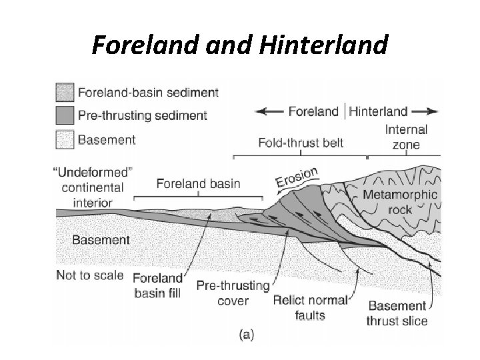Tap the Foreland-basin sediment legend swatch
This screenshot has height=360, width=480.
(65, 91)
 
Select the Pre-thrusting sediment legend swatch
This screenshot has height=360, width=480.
(65, 115)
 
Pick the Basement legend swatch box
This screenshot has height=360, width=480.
(65, 140)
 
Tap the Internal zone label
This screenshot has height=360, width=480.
(406, 137)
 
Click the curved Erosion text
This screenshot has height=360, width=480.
(297, 178)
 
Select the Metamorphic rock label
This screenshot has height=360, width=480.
(400, 201)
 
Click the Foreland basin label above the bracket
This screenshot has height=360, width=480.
(198, 183)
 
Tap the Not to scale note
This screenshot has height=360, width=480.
(90, 274)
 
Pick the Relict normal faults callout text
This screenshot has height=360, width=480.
(311, 306)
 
